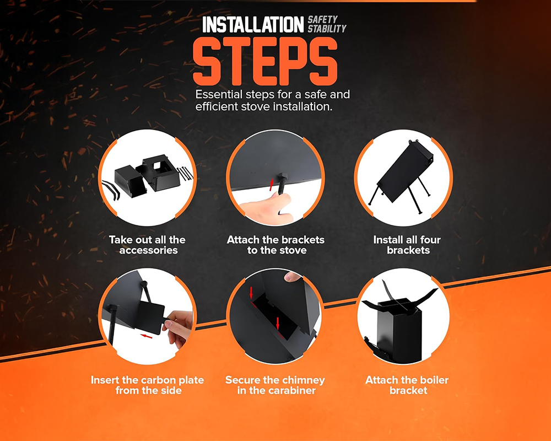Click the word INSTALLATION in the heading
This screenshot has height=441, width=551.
252,24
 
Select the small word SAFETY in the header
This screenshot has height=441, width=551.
322,19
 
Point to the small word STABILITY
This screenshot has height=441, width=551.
327,29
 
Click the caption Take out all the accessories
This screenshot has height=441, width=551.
147,245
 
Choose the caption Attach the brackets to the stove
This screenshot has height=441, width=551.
275,245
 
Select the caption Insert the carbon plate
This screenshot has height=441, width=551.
147,385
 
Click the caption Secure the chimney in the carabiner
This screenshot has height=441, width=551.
275,385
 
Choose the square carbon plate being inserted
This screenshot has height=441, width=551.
150,317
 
